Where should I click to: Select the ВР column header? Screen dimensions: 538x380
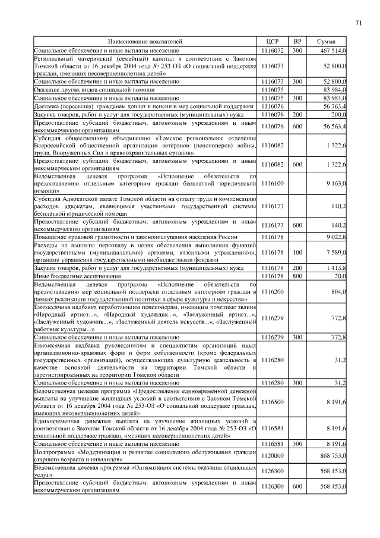[297, 42]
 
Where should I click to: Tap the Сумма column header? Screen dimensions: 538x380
[327, 42]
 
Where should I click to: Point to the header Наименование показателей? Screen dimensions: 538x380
[145, 42]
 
